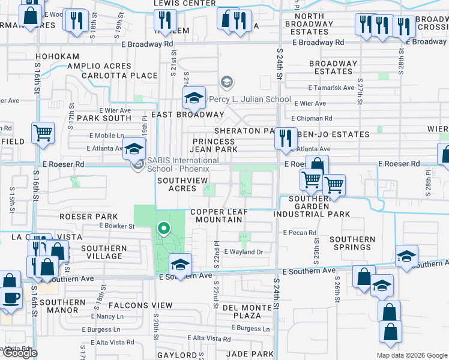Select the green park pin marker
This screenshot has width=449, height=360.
coord(163,229)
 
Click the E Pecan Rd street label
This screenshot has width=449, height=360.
coord(300,233)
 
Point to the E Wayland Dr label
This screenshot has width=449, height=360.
coord(244,253)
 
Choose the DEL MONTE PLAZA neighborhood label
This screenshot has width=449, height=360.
coord(246,311)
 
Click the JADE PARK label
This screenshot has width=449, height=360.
coord(246,355)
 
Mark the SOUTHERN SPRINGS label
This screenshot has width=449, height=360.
coord(352,243)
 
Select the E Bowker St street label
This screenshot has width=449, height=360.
coord(117,226)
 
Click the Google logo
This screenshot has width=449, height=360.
coord(20,353)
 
